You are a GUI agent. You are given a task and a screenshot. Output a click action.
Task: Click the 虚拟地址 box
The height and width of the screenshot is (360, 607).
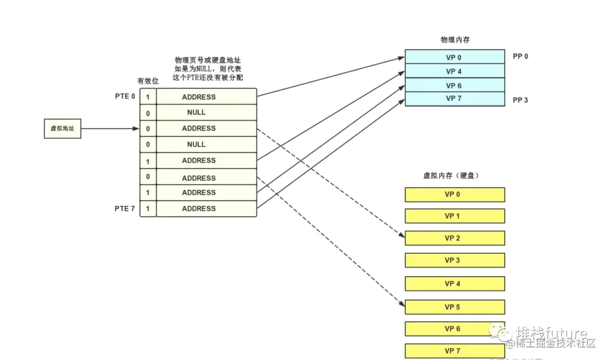[x=62, y=129]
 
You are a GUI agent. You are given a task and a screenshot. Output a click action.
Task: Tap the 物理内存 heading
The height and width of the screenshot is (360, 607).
[x=455, y=40]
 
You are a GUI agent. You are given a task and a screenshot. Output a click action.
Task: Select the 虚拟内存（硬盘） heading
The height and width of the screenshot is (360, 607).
[x=451, y=176]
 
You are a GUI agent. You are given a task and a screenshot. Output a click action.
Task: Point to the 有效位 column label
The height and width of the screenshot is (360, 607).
[x=148, y=81]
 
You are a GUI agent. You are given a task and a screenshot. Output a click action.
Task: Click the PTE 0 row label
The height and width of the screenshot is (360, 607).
[x=125, y=97]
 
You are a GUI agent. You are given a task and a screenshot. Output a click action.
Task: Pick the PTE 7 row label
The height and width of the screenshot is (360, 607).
[x=125, y=208]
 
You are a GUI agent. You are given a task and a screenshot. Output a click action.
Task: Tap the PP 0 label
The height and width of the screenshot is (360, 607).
[x=520, y=57]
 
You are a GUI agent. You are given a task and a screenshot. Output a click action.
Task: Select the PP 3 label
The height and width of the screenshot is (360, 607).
[x=520, y=101]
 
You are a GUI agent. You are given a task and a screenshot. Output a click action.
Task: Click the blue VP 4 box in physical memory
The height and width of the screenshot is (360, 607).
[x=455, y=71]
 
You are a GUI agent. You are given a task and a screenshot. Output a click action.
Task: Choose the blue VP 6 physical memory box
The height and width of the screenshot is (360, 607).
[x=455, y=85]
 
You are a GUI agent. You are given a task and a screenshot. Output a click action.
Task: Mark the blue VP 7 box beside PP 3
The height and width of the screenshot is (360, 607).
[x=455, y=99]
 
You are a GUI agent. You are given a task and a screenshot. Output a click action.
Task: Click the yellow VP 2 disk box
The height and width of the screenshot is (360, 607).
[x=455, y=238]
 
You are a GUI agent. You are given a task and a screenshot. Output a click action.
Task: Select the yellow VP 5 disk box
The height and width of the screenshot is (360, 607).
[x=455, y=307]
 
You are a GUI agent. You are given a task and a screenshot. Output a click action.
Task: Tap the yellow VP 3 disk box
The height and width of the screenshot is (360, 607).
[x=455, y=261]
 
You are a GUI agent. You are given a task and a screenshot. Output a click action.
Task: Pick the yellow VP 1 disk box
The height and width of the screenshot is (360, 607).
[x=455, y=216]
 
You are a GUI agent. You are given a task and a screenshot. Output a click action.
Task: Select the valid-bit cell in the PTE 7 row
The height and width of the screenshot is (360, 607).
[x=148, y=208]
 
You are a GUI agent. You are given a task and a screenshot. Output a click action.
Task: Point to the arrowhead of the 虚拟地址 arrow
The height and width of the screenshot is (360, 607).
[x=135, y=129]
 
